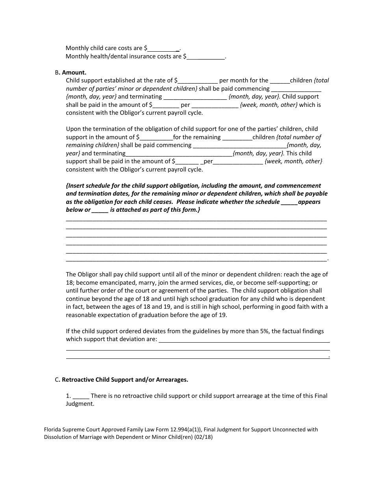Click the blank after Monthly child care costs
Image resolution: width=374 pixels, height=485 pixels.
coord(163,49)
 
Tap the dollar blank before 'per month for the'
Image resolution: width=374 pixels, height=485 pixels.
coord(198,81)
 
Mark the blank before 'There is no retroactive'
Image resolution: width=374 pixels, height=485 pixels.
coord(81,396)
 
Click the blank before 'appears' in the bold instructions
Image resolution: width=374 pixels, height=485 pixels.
coord(289,202)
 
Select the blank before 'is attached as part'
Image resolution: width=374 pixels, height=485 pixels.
coord(100,210)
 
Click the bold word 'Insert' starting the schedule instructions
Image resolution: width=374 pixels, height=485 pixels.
coord(78,186)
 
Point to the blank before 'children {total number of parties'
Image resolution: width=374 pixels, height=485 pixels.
coord(280,81)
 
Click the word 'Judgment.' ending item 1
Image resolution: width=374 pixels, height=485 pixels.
coord(80,404)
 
